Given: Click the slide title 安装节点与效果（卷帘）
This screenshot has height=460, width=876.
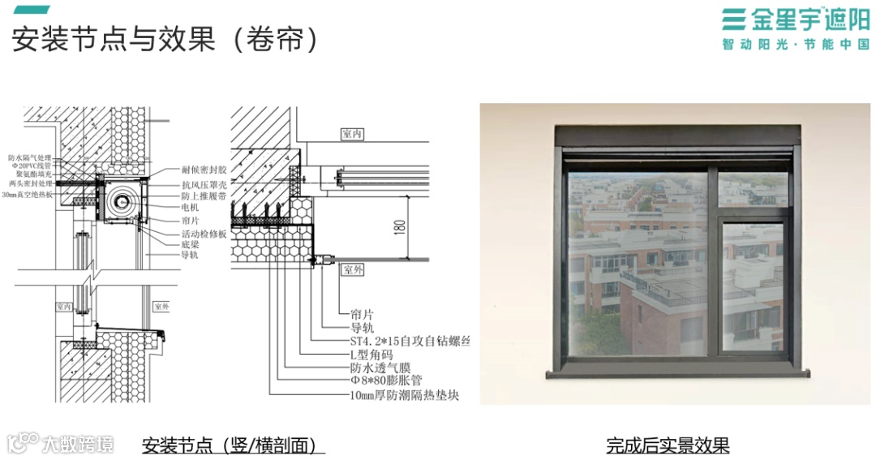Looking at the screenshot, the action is click(162, 38).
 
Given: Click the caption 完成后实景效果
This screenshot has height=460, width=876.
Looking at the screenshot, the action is click(668, 445).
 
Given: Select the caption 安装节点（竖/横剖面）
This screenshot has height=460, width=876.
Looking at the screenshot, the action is click(233, 445).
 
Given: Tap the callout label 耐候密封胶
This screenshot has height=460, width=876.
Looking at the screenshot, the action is click(204, 171).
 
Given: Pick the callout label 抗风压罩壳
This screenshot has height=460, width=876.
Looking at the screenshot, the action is click(204, 185).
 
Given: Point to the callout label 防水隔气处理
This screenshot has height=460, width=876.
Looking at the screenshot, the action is click(30, 157).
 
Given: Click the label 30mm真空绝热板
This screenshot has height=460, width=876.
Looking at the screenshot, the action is click(30, 195).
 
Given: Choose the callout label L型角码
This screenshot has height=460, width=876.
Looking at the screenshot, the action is click(371, 354).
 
